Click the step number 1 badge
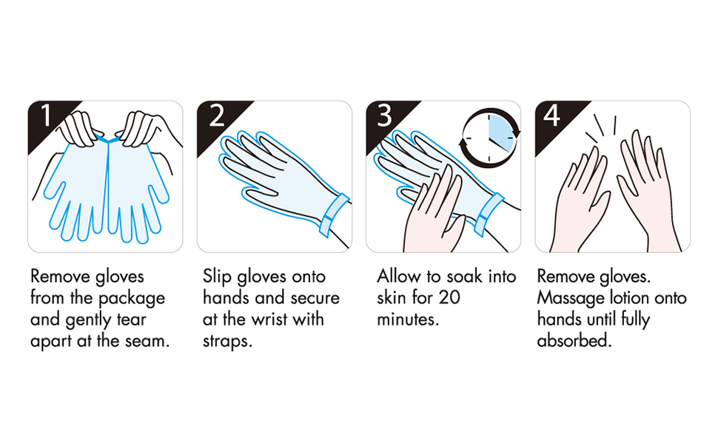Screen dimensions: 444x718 44,117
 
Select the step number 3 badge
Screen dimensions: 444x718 384,117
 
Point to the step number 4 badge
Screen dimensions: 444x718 553,117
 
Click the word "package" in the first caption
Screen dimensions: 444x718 134,299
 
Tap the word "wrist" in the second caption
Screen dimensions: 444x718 272,320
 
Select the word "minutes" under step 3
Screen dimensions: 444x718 407,320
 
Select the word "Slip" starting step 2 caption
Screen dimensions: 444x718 217,277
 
